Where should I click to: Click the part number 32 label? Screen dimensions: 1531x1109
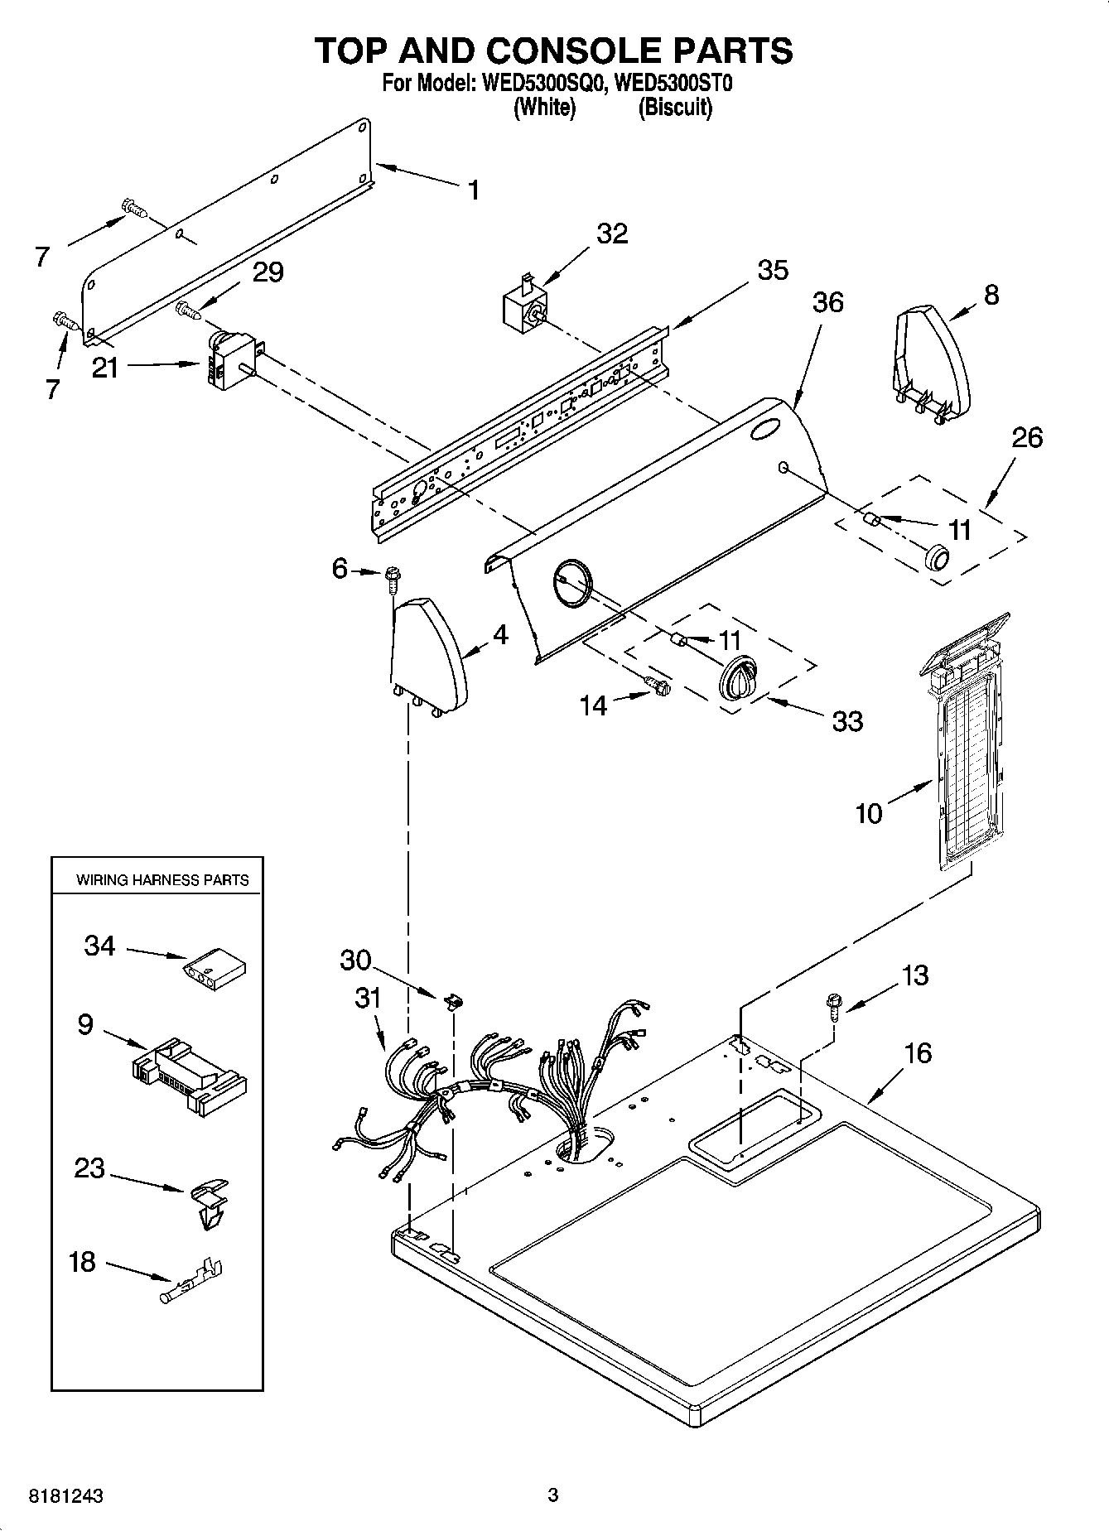612,234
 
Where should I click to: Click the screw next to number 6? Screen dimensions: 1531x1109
392,577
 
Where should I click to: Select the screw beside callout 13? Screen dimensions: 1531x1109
833,1009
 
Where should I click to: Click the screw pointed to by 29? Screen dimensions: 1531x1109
190,311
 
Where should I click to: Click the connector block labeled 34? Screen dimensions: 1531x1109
215,965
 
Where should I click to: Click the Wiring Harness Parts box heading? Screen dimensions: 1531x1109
162,880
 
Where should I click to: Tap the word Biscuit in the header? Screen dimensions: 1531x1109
675,107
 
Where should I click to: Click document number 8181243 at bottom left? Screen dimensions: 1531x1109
66,1495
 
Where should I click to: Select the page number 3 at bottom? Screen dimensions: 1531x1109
553,1495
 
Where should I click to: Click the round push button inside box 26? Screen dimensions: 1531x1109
936,559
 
